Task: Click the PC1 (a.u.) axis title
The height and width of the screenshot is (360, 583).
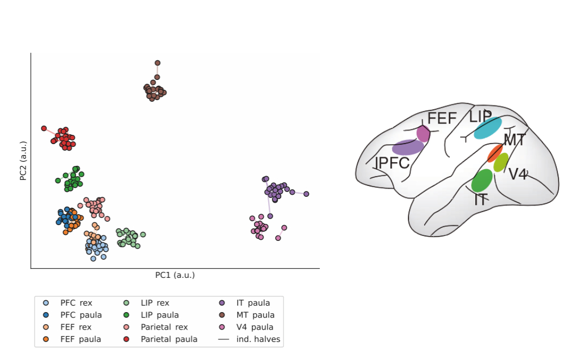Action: click(x=175, y=275)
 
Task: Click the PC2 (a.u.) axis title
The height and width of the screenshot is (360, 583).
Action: click(x=23, y=160)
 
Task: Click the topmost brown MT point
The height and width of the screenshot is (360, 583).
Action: click(x=158, y=63)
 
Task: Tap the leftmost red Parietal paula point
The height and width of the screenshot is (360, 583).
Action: click(x=44, y=128)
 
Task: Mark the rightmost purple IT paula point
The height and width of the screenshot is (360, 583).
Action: click(x=306, y=194)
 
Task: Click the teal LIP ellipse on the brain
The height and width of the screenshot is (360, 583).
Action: click(x=487, y=128)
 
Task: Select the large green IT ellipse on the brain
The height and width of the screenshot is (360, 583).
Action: click(x=482, y=181)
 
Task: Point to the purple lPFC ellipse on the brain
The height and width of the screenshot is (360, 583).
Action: click(x=408, y=147)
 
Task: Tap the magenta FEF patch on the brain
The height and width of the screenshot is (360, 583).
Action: click(x=423, y=133)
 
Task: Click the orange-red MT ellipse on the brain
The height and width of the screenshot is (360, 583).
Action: click(x=495, y=153)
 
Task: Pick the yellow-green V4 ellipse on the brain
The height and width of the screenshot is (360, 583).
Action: click(x=501, y=162)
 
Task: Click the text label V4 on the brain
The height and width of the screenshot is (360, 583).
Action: click(x=518, y=175)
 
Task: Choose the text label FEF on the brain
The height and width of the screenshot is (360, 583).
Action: click(x=442, y=119)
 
